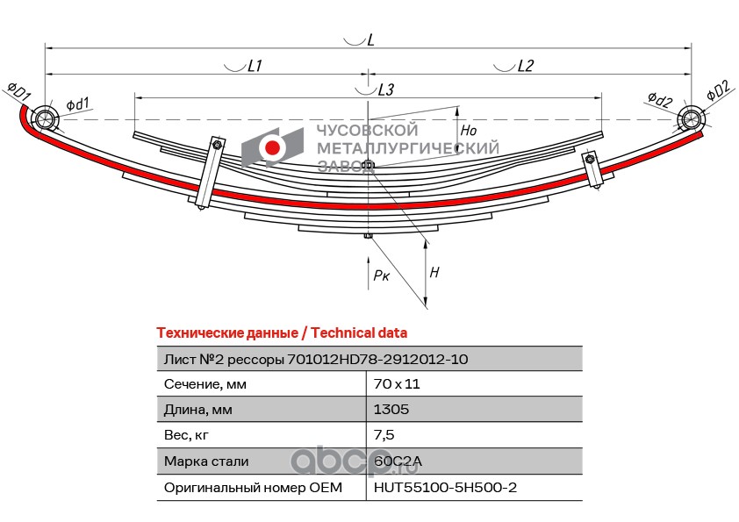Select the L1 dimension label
point(255,66)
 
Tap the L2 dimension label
point(525,66)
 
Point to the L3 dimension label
point(385,89)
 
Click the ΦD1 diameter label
point(19,90)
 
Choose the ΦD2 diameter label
point(717,90)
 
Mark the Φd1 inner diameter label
point(77,104)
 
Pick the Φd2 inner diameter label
point(660,99)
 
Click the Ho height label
point(468,130)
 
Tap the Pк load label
point(381,275)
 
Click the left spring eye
point(43,118)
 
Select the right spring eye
point(691,118)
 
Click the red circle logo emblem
point(273,148)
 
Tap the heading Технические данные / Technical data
point(281,333)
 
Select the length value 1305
point(391,410)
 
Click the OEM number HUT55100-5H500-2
point(445,486)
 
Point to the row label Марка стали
point(206,461)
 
